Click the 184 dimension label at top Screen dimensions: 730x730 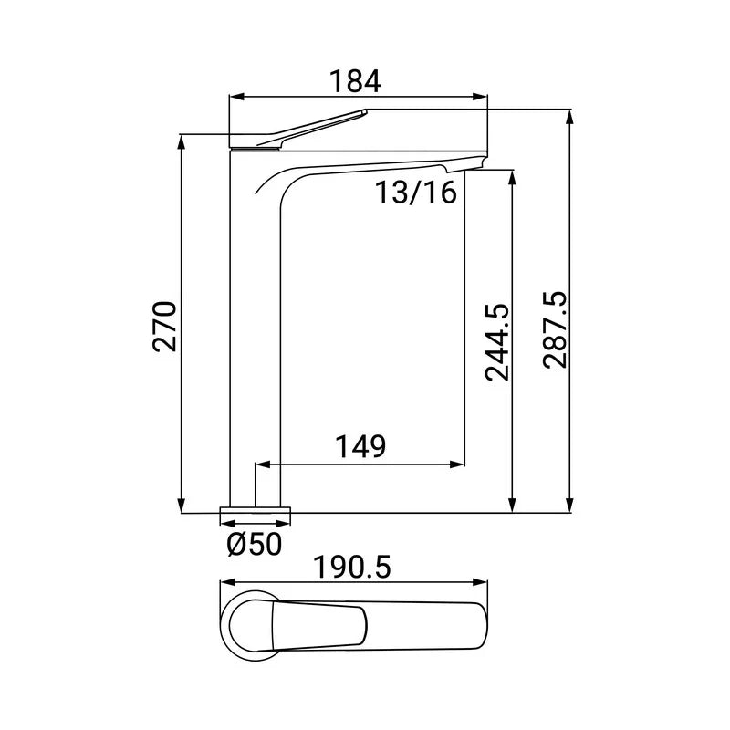click(355, 81)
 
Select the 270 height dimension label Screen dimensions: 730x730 click(165, 327)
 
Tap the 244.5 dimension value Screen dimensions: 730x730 click(497, 343)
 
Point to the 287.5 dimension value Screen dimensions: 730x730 click(555, 330)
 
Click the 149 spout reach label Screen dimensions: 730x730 click(360, 446)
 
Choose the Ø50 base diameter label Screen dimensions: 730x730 click(255, 544)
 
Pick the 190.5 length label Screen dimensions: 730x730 click(352, 568)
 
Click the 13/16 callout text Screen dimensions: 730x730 click(416, 193)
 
